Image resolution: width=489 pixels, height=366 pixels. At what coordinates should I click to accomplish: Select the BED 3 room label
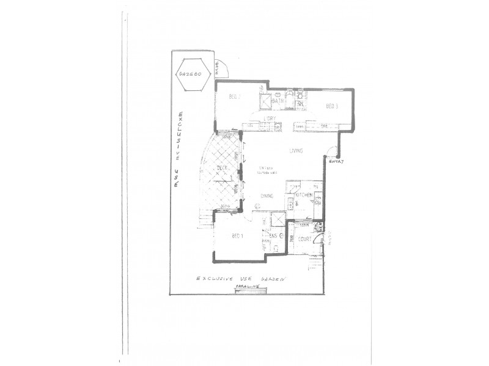tap(332, 106)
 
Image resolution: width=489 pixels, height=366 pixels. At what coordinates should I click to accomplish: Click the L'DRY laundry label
tap(270, 118)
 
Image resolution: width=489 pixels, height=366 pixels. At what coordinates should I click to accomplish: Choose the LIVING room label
tap(298, 150)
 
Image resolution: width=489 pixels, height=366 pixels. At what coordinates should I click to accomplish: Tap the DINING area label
tap(267, 196)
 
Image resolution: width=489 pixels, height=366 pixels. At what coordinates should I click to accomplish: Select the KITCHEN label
tap(304, 195)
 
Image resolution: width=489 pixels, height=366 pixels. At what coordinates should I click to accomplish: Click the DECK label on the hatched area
tap(222, 169)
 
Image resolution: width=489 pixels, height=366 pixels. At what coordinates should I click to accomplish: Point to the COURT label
tap(305, 239)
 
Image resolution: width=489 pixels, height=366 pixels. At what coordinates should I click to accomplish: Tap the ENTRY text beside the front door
tap(337, 161)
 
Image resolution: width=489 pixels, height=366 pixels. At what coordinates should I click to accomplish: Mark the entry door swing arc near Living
tap(331, 152)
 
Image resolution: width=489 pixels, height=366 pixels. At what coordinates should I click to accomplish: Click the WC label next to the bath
tap(300, 105)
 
